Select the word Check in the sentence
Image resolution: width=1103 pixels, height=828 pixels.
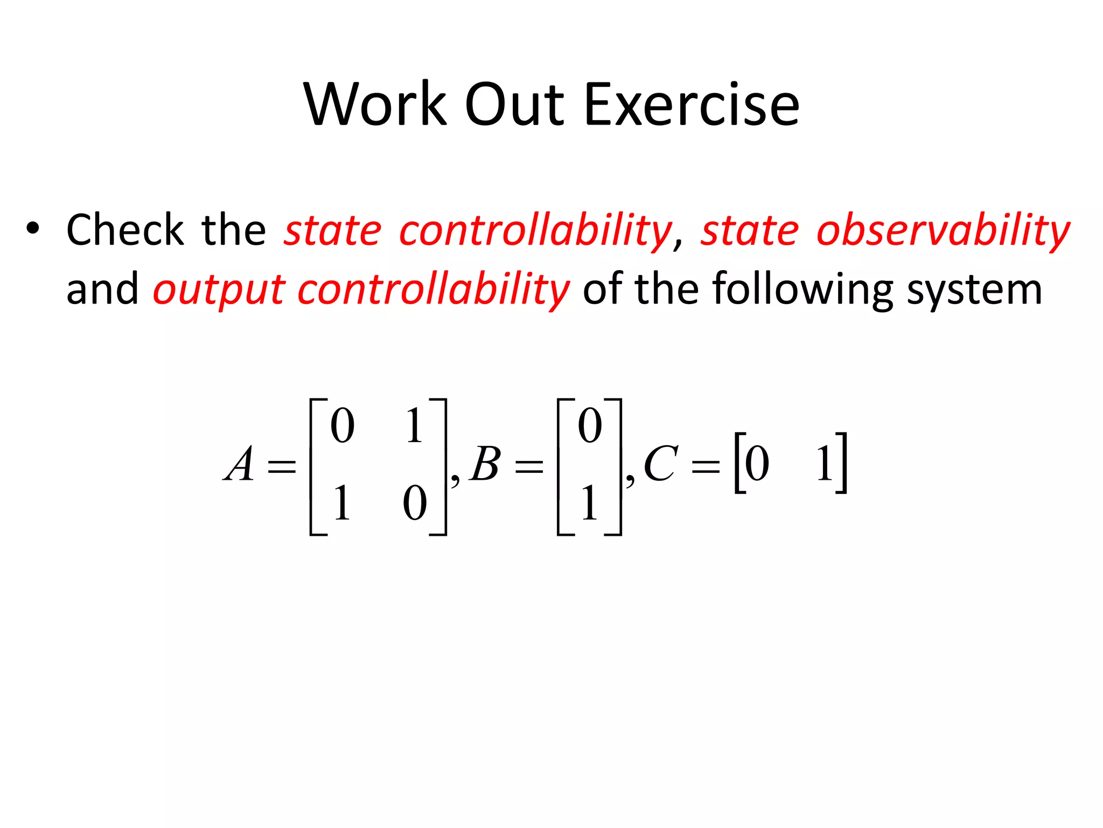[x=125, y=230]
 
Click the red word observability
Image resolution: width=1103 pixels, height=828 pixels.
[x=943, y=231]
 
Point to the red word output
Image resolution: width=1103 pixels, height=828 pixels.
[x=219, y=290]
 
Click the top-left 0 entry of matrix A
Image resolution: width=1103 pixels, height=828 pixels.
[x=343, y=426]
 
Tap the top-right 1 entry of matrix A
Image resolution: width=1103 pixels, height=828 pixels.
[x=414, y=426]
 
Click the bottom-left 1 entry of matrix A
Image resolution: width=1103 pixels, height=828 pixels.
[x=341, y=502]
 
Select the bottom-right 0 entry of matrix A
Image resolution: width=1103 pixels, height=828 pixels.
[x=415, y=502]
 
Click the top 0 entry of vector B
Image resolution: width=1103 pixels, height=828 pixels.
[x=590, y=426]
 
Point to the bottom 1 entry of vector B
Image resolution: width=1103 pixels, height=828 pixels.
[x=589, y=502]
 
